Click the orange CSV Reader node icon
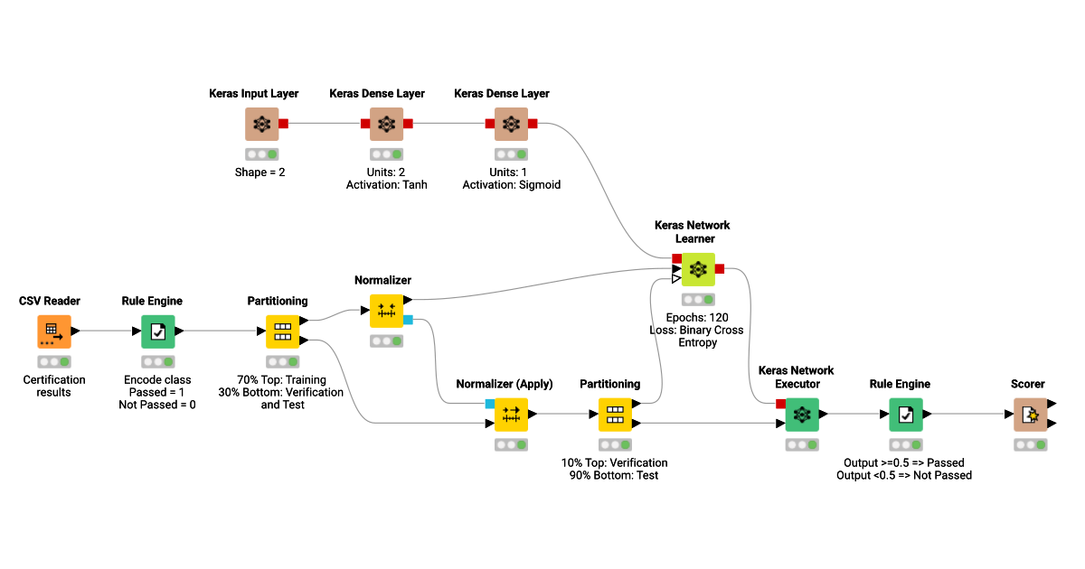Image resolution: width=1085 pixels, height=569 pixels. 53,331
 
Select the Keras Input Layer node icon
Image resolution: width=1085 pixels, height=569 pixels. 261,124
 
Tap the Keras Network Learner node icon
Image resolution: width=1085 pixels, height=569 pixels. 697,269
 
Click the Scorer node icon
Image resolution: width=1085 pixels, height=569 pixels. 1029,415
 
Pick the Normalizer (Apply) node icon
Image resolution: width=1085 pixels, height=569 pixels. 511,415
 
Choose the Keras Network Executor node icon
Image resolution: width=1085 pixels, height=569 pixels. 801,415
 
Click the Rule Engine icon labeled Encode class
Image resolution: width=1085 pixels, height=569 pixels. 157,331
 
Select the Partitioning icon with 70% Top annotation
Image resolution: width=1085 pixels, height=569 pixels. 282,331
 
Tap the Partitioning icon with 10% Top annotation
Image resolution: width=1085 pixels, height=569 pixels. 615,415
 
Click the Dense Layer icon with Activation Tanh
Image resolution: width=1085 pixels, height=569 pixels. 386,124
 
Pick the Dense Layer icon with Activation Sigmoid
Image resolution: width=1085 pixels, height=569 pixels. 511,124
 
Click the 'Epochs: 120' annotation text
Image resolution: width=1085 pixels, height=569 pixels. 697,318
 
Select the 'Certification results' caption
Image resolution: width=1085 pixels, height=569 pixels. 54,386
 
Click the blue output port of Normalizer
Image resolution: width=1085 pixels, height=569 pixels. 408,320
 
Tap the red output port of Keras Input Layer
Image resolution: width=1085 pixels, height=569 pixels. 283,124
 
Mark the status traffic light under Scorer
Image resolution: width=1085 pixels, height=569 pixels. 1031,445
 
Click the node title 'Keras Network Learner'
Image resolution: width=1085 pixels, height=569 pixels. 693,232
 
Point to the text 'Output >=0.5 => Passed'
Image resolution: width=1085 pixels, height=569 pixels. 904,462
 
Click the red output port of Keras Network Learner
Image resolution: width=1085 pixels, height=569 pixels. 720,269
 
